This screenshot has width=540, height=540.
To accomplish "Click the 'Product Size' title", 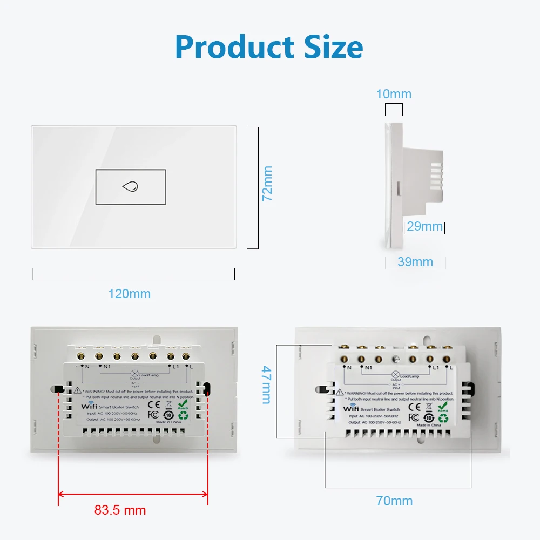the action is [269, 48].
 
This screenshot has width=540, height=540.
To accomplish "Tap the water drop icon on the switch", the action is [130, 187].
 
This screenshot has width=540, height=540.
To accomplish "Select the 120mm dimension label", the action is [129, 294].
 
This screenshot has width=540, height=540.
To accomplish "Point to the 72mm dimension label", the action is [267, 184].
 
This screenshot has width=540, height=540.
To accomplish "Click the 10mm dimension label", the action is [394, 94].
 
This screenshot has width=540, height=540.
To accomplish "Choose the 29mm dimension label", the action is [424, 226].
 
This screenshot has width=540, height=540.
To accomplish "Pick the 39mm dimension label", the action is [415, 262].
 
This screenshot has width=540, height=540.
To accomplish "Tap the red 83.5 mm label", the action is [120, 510].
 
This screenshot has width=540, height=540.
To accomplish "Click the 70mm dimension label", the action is [395, 501].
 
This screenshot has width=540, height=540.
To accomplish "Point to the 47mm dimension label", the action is [266, 384].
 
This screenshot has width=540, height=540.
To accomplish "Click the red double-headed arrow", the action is [133, 493].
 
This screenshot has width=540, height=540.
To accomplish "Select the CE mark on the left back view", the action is [153, 403].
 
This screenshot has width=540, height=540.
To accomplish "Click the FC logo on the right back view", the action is [414, 417].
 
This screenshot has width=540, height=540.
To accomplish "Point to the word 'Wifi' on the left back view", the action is [89, 406].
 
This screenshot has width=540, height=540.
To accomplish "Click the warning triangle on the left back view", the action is [78, 390].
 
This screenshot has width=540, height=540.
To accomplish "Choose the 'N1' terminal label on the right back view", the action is [369, 368].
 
